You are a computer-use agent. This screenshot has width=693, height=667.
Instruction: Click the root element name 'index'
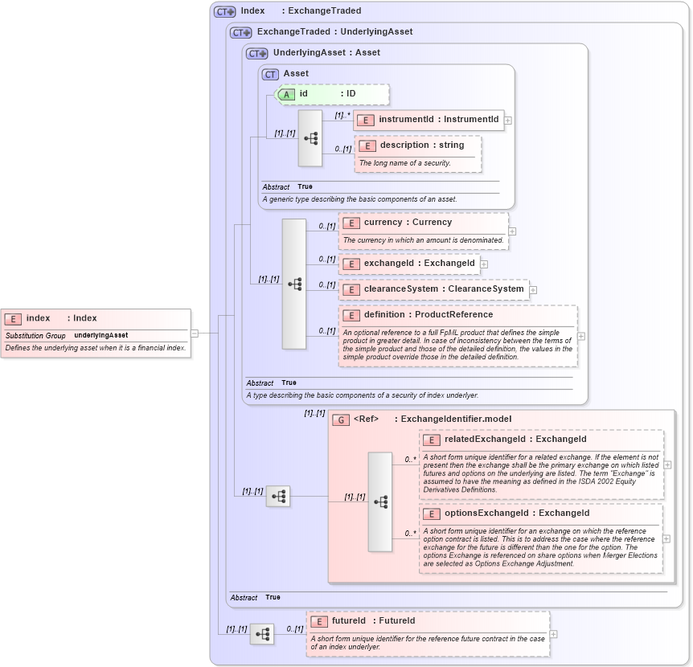click(38, 318)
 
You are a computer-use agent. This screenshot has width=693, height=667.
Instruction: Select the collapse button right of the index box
click(195, 333)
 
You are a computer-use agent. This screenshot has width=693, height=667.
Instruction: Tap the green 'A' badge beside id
click(286, 94)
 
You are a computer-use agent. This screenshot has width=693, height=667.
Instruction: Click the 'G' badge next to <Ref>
click(341, 419)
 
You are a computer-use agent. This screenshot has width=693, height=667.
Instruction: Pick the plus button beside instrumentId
click(508, 121)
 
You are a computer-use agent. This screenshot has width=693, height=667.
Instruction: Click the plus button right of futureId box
click(554, 634)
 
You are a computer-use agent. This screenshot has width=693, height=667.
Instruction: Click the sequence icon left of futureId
click(262, 634)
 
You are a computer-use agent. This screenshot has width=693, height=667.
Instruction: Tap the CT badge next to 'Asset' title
click(270, 74)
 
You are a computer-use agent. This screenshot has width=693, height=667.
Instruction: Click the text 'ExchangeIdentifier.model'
click(456, 419)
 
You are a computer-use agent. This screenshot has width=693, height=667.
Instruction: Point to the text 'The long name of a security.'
click(404, 163)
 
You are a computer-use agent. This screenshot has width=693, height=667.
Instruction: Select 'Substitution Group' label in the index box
click(35, 335)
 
